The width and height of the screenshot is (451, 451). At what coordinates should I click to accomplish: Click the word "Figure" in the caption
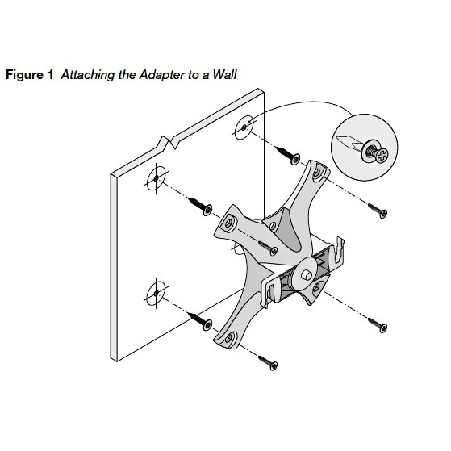24,74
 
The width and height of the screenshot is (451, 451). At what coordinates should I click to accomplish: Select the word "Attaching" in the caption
85,74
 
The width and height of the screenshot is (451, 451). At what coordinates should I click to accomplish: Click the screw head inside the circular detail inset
372,148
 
